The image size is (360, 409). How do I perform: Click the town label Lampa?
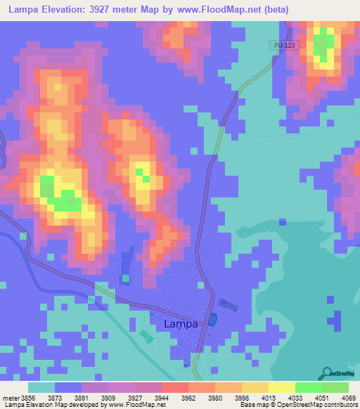(181, 324)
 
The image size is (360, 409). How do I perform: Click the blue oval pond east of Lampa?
(212, 320)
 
